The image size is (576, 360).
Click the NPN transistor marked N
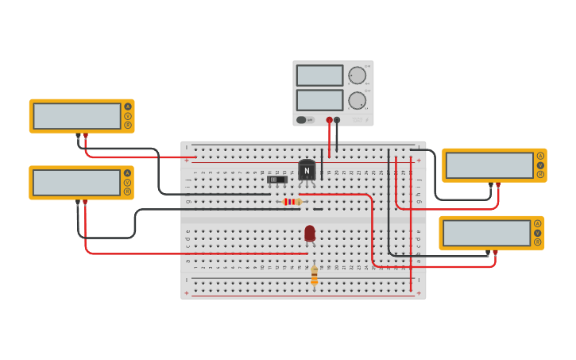point(307,170)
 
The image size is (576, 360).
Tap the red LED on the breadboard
point(310,233)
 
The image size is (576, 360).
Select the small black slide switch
point(276,180)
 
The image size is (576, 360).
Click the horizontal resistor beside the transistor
point(292,202)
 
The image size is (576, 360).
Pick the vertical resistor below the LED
point(315,275)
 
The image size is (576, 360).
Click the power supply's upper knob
point(357,75)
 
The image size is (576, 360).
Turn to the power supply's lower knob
point(357,101)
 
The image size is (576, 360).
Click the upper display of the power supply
point(319,75)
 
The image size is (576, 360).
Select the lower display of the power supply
point(319,100)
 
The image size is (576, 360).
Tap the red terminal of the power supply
point(329,120)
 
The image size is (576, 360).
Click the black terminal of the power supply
point(337,120)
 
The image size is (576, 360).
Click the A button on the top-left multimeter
point(127,106)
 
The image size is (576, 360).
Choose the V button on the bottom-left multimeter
point(127,183)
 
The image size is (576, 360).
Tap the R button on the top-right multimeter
point(540,174)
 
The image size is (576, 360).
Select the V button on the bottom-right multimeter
point(537,233)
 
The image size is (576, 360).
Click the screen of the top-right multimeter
point(489,165)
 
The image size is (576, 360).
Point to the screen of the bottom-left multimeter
point(77,183)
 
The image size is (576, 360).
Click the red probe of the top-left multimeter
point(86,136)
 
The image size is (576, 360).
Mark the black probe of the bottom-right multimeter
point(488,254)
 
